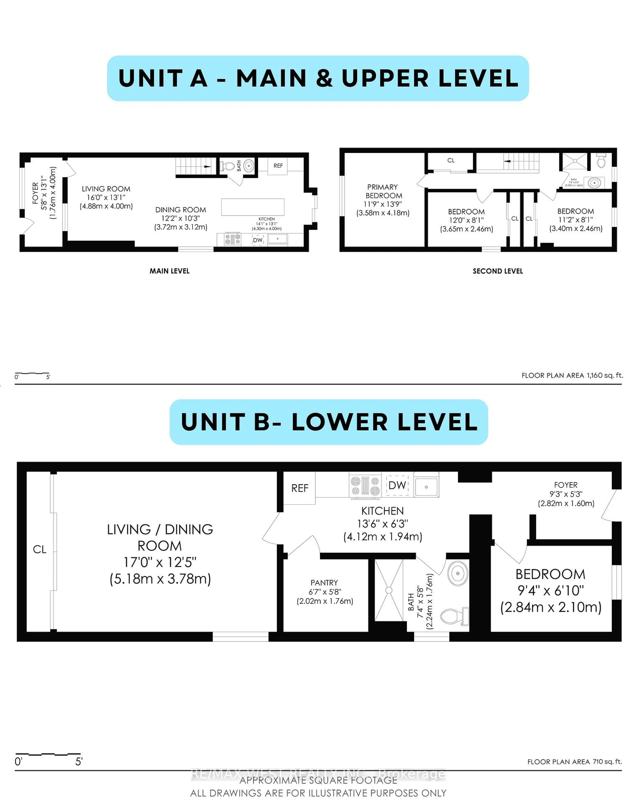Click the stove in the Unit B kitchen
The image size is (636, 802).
click(365, 486)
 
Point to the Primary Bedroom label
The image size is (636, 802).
click(383, 191)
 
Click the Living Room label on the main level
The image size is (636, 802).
click(106, 189)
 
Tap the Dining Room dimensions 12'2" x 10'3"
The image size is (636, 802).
click(181, 218)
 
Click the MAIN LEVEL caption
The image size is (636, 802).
click(169, 271)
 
